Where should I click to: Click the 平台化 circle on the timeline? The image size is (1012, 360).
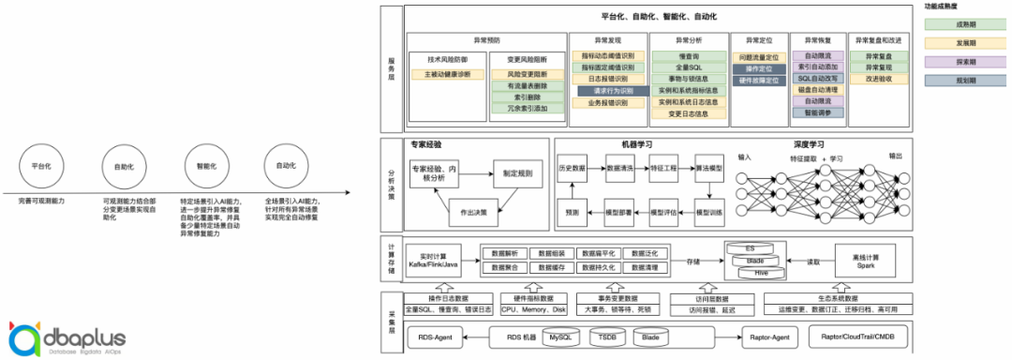tap(40, 166)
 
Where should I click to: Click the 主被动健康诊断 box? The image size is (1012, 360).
tap(454, 74)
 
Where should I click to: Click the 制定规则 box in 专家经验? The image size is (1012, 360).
tap(517, 173)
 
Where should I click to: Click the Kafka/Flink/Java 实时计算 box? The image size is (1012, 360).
tap(439, 261)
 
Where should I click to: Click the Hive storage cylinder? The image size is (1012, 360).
tap(760, 273)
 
